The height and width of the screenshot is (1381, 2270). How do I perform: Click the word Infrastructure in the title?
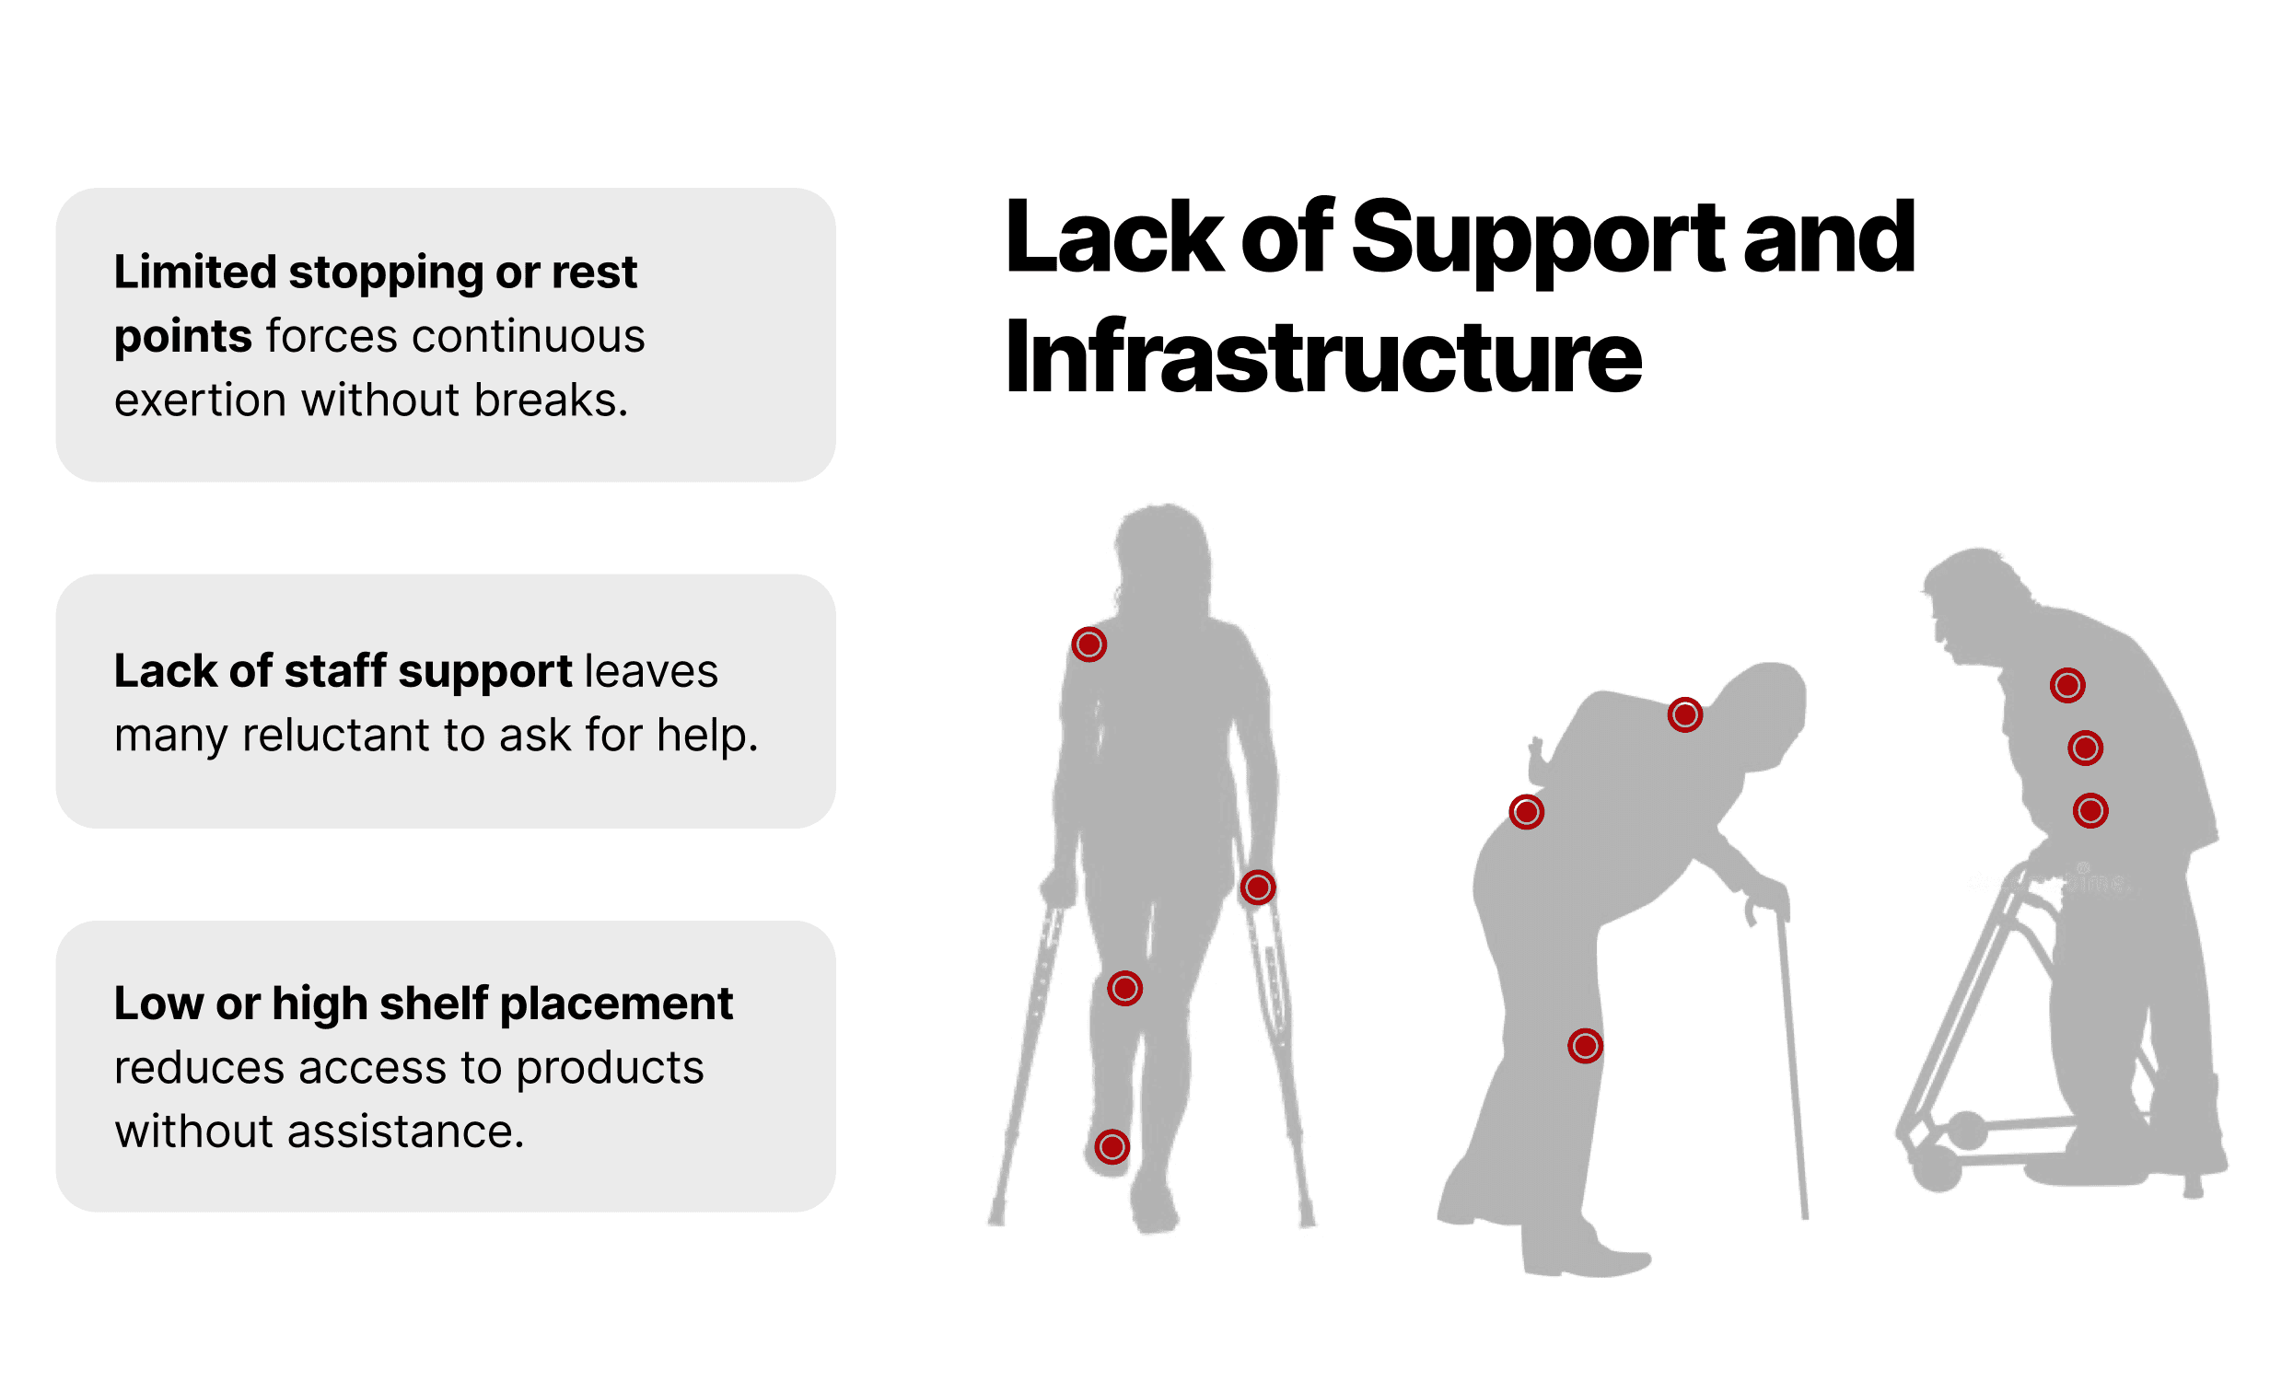(1323, 358)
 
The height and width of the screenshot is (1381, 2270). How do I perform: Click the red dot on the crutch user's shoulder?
(1088, 644)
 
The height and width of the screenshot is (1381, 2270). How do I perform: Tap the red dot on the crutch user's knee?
(1124, 989)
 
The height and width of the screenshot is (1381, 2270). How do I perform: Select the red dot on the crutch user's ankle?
(1112, 1147)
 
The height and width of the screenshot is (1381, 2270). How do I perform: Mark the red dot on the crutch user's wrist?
(1258, 888)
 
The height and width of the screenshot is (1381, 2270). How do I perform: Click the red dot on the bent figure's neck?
(1685, 715)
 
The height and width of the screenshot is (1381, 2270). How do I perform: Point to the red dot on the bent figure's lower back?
(1527, 812)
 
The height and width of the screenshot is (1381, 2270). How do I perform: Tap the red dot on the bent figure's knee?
(1586, 1046)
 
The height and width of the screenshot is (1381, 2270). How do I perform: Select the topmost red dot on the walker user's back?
(2067, 685)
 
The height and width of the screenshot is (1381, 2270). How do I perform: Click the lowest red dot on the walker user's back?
(2090, 811)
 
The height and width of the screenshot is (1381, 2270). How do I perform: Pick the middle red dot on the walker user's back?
(2086, 749)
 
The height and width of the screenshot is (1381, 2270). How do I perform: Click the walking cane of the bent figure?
(1791, 1060)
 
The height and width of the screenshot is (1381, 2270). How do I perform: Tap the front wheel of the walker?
(1937, 1168)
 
